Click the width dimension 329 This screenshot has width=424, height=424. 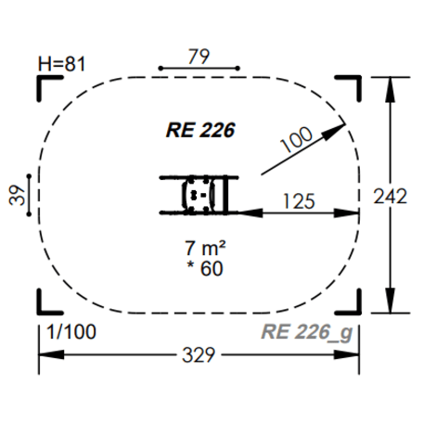(199, 353)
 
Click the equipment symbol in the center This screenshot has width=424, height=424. (201, 195)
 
